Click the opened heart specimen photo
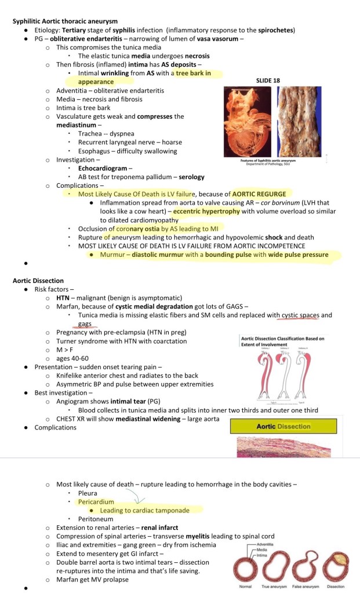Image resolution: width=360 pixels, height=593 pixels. tap(246, 122)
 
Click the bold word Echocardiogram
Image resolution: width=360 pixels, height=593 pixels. tap(103, 168)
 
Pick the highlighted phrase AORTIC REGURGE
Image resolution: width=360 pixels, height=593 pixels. tap(259, 194)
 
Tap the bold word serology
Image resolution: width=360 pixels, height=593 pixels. tap(191, 177)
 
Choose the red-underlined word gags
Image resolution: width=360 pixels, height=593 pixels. tap(85, 324)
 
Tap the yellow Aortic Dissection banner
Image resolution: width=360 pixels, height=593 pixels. tap(283, 426)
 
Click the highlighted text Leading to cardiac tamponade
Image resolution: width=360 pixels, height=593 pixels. tap(144, 510)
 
